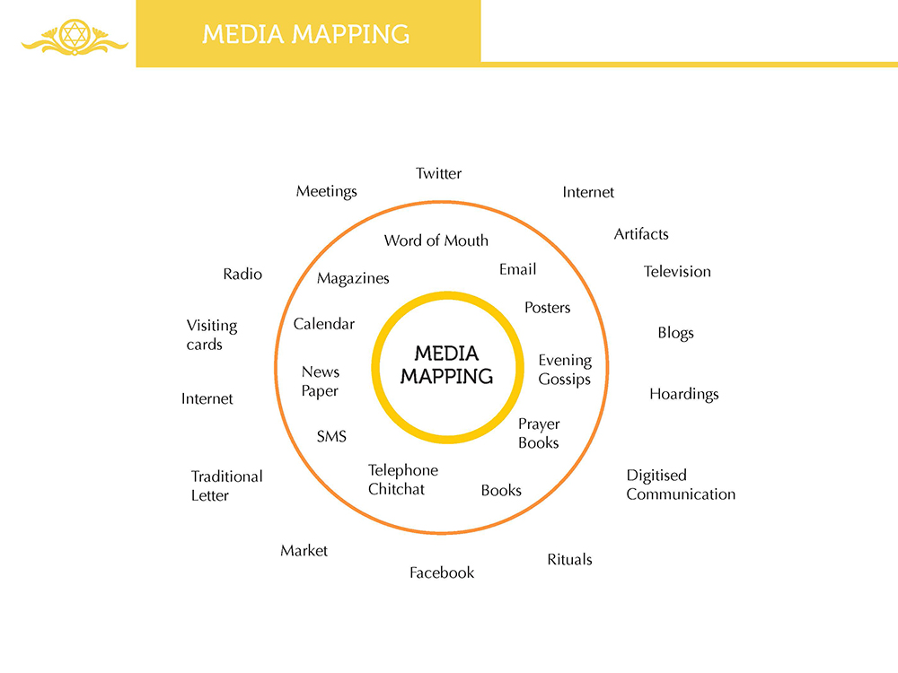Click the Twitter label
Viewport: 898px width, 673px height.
(x=438, y=173)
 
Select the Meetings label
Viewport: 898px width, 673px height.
(x=327, y=191)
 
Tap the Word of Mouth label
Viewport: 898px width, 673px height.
(x=436, y=240)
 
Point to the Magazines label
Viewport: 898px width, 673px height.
(x=353, y=278)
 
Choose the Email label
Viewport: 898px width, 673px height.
(x=517, y=269)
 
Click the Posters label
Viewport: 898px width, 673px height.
(x=547, y=308)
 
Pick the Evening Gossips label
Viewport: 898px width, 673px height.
(x=565, y=370)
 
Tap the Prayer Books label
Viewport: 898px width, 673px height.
(x=539, y=433)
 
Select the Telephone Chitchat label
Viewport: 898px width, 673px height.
(x=403, y=479)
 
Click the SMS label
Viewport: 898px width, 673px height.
(x=331, y=437)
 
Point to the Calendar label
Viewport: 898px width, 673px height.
(x=324, y=324)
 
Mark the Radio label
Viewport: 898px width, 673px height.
(x=242, y=274)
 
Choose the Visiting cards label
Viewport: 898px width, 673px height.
(x=212, y=335)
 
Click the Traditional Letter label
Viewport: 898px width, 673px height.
(x=226, y=485)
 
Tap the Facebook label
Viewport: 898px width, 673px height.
(x=442, y=572)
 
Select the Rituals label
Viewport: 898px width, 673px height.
(x=569, y=559)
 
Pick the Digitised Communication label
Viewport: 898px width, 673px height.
(x=681, y=485)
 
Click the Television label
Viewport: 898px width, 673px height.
(x=677, y=271)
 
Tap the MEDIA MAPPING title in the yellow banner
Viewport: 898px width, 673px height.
(x=306, y=34)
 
